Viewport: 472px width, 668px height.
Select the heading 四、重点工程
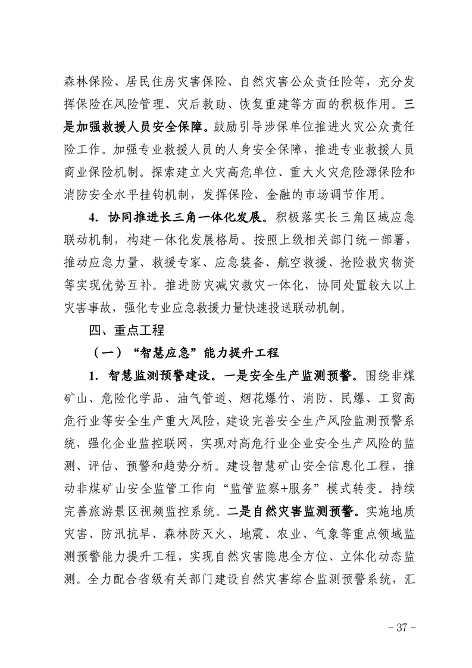[x=123, y=329]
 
